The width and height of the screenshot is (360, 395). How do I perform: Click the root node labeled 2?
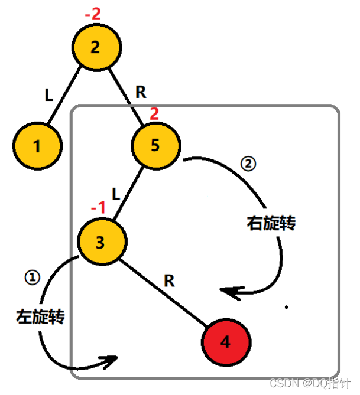(x=97, y=48)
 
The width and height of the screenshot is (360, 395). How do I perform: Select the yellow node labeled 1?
(x=37, y=146)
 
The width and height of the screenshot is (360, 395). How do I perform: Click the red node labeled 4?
(x=226, y=342)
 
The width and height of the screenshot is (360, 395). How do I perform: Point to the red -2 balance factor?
(x=93, y=14)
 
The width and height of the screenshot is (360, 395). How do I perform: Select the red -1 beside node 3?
(x=98, y=207)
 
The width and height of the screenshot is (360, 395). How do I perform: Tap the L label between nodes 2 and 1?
(x=50, y=95)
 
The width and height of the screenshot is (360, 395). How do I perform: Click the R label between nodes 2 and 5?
(x=141, y=92)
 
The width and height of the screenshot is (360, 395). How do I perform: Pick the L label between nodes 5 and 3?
(x=116, y=193)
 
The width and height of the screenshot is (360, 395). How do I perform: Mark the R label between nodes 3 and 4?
(x=169, y=281)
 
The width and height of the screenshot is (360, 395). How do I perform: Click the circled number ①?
(x=31, y=278)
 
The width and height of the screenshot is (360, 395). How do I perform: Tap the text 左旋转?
(x=40, y=316)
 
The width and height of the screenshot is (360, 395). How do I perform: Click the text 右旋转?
(x=270, y=224)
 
